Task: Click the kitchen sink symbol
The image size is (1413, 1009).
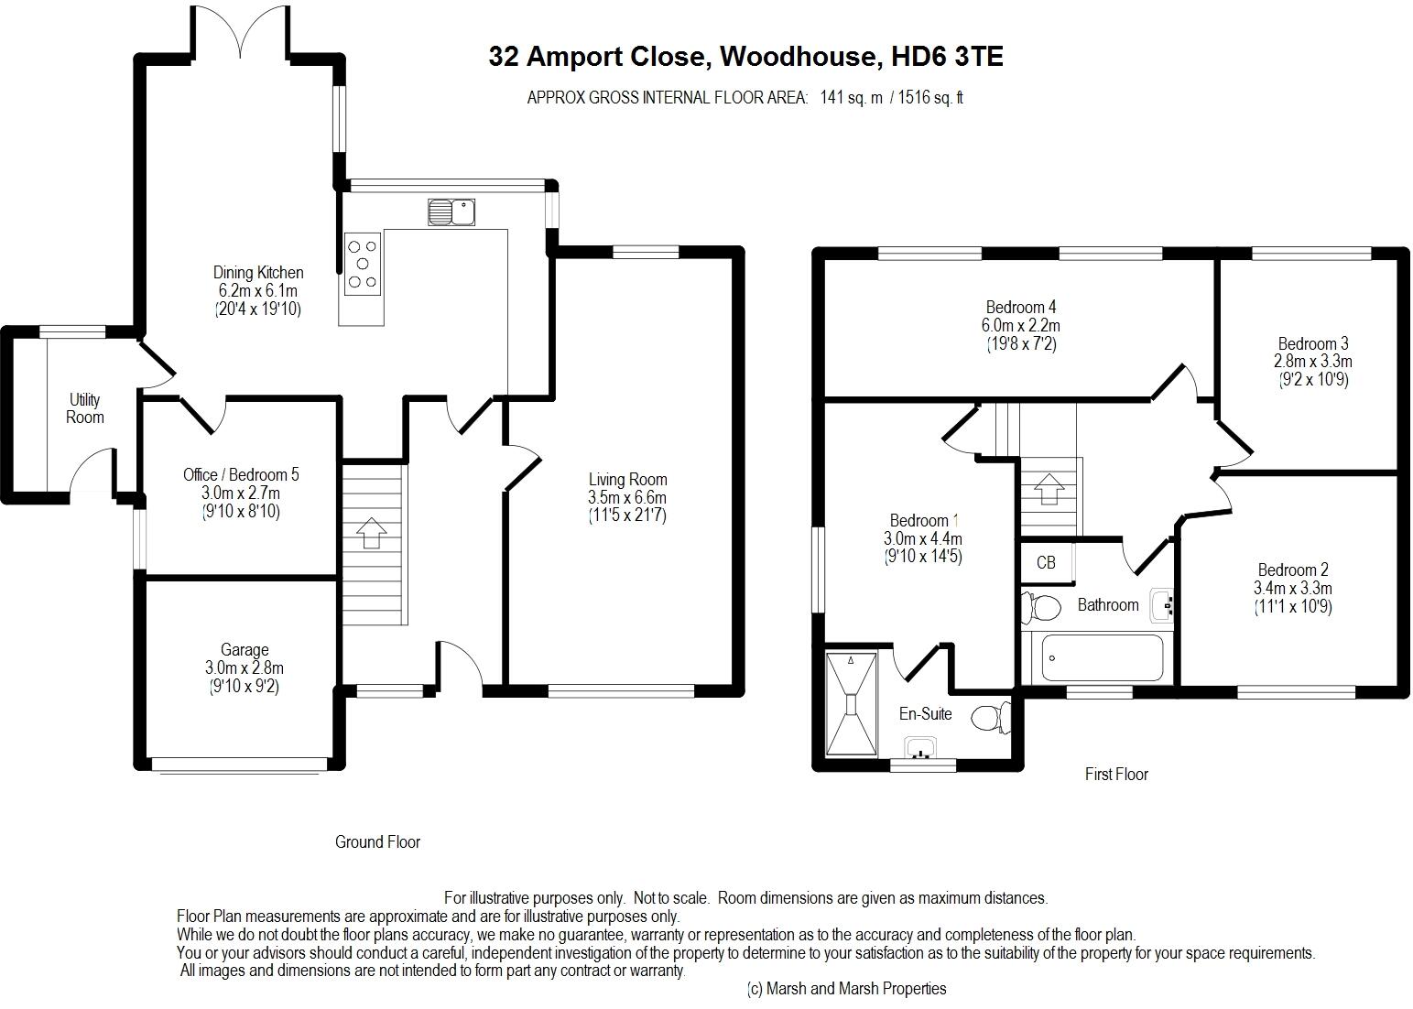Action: coord(451,212)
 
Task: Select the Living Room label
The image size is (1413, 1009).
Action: coord(627,479)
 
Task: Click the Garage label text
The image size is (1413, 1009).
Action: coord(245,650)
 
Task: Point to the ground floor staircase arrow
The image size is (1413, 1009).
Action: coord(371,532)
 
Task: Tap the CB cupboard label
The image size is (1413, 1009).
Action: coord(1046,562)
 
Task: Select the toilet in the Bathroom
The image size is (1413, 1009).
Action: coord(1041,606)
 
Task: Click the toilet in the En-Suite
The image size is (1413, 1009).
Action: coord(990,716)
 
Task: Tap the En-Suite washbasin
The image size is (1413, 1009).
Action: coord(921,751)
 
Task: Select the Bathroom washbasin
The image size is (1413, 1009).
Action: coord(1162,604)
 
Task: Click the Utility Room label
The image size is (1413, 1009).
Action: coord(85,408)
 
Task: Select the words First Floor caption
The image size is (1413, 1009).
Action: coord(1116,775)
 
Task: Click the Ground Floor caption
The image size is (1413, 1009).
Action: coord(377,841)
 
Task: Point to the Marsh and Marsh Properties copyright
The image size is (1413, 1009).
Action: coord(847,989)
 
